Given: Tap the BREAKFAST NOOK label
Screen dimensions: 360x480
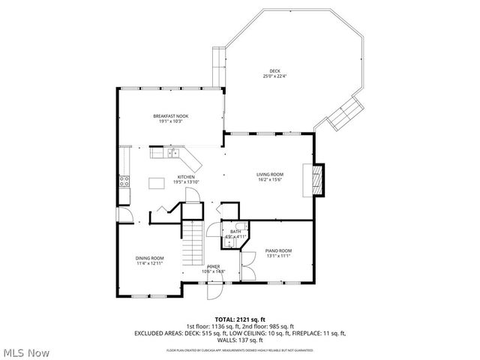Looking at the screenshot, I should coord(170,116).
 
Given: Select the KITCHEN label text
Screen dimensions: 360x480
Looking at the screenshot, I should coord(186,177).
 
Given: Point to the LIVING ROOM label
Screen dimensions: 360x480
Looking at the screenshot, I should coord(270,174).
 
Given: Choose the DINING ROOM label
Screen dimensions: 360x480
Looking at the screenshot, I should coord(150,258).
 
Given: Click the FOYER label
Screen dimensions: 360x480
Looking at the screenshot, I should coord(214,266).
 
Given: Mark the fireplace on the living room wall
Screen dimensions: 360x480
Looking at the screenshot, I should coord(318,180).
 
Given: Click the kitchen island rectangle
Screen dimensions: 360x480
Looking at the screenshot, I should coord(157,182).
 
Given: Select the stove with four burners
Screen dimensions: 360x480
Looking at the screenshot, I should coord(124,180).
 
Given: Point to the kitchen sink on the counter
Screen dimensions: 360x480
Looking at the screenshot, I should coord(172,154).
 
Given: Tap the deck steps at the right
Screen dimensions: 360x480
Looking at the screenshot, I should coord(346,114).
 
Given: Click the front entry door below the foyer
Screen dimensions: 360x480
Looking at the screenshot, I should coord(215,289).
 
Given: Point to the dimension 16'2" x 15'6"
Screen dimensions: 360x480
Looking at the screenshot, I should coord(270,179).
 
